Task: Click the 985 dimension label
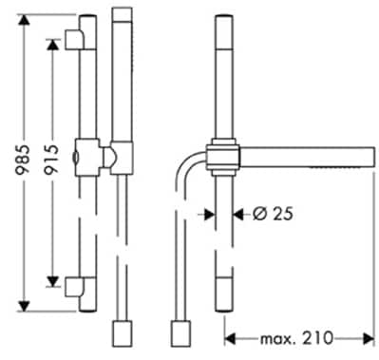pyautogui.click(x=23, y=159)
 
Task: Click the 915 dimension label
pyautogui.click(x=51, y=159)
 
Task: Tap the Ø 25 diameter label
pyautogui.click(x=273, y=215)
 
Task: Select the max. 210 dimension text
pyautogui.click(x=296, y=338)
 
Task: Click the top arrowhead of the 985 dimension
pyautogui.click(x=24, y=20)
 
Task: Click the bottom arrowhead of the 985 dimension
pyautogui.click(x=24, y=306)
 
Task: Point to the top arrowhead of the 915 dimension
pyautogui.click(x=52, y=45)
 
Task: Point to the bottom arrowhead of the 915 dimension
pyautogui.click(x=52, y=281)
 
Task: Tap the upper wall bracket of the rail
pyautogui.click(x=75, y=40)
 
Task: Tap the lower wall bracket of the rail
pyautogui.click(x=75, y=287)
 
